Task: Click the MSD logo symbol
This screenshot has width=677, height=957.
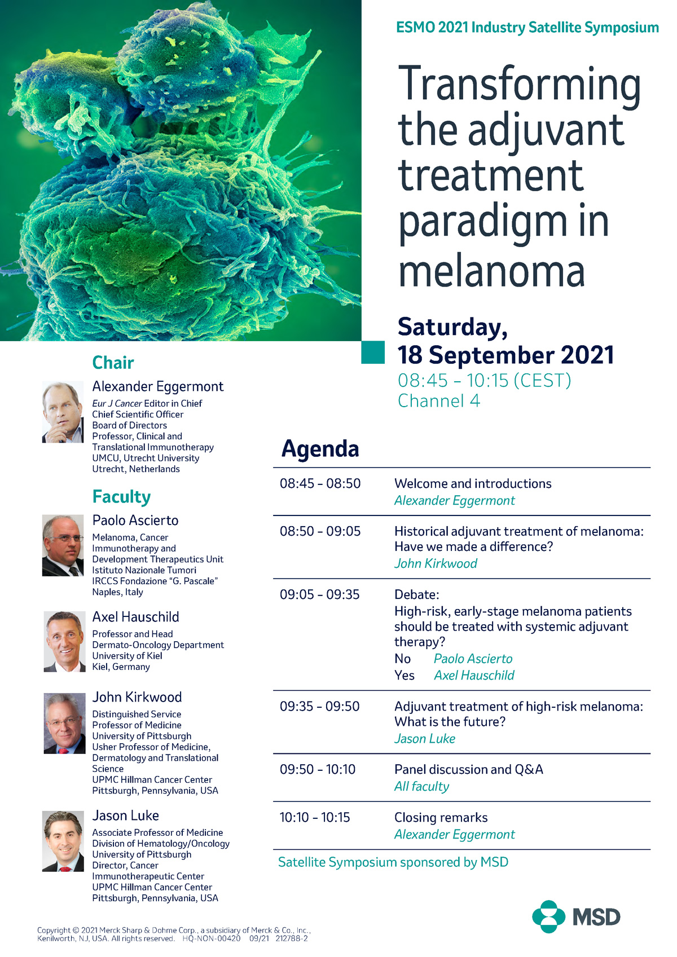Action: (x=548, y=916)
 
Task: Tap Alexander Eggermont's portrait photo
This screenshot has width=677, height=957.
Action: (x=63, y=412)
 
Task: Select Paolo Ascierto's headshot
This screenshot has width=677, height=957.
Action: (x=63, y=545)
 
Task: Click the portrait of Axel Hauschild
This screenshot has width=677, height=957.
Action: (x=64, y=642)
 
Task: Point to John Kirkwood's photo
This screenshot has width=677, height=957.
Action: (x=64, y=723)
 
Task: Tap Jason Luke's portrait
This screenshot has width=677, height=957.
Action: (x=63, y=841)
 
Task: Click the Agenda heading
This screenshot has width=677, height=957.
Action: (x=320, y=449)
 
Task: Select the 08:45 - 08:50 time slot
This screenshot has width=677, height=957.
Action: (x=320, y=483)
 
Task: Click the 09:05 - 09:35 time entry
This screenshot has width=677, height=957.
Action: (x=319, y=594)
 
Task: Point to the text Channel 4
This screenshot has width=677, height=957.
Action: (x=438, y=401)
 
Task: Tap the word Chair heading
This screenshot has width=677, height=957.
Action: (x=113, y=363)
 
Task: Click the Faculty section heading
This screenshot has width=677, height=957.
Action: (x=121, y=497)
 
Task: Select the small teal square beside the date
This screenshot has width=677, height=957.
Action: (x=372, y=352)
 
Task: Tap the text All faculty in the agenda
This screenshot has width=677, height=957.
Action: (x=421, y=786)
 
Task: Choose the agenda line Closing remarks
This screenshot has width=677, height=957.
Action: (x=441, y=817)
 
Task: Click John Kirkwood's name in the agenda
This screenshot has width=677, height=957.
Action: (x=436, y=563)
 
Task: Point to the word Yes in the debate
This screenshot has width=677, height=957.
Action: (x=404, y=675)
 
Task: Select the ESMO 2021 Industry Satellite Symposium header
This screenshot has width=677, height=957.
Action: (x=527, y=28)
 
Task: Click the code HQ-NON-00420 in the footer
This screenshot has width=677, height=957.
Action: (x=211, y=938)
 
